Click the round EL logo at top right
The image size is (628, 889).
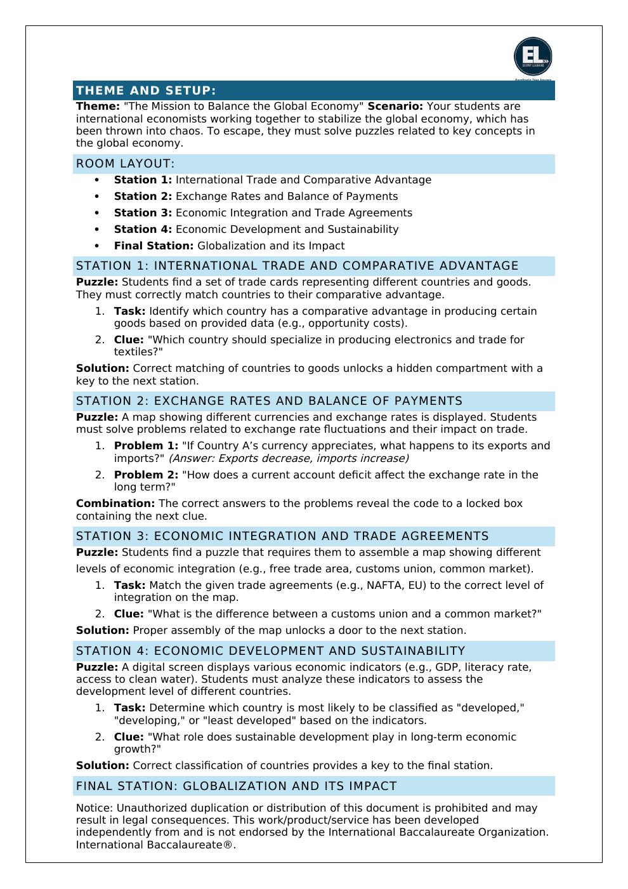click(533, 56)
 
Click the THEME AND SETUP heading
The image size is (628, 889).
click(146, 91)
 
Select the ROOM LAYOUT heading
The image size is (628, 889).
click(125, 164)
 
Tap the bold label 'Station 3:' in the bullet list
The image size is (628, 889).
click(143, 213)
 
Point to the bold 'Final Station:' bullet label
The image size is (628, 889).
click(154, 246)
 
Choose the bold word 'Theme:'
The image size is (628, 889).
click(98, 107)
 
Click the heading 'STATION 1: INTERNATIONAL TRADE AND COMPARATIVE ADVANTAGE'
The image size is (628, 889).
click(297, 266)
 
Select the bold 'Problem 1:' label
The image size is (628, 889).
click(146, 445)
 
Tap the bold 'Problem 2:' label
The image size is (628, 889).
click(146, 475)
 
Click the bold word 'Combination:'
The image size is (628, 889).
click(115, 503)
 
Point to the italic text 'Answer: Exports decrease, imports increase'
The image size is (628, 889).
click(289, 458)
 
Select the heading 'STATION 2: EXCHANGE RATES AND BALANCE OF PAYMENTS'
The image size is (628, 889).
click(269, 401)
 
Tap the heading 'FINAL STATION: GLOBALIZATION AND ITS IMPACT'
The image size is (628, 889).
click(236, 786)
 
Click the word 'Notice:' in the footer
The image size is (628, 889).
click(95, 808)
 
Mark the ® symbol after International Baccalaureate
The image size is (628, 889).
click(228, 845)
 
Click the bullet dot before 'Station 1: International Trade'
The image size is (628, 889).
click(97, 180)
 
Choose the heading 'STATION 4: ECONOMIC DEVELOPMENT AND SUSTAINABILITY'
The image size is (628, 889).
click(270, 651)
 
